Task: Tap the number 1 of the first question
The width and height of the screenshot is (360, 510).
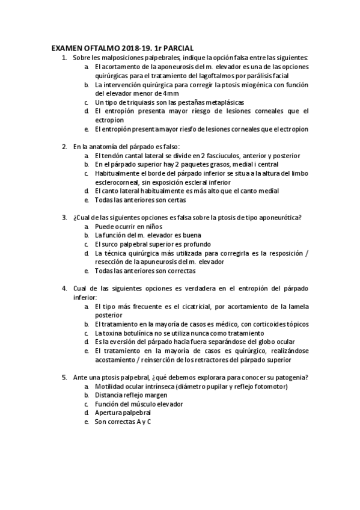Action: click(64, 57)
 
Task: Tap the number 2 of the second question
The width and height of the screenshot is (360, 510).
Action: click(64, 146)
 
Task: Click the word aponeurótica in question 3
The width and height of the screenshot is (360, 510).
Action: click(278, 217)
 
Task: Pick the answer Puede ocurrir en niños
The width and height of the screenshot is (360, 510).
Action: click(128, 226)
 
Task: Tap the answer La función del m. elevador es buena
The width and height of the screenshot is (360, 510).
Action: click(147, 235)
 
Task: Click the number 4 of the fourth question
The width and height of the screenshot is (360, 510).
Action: click(64, 289)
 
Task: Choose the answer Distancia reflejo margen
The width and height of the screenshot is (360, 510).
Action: click(135, 396)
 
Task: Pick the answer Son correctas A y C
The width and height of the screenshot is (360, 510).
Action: click(123, 422)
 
